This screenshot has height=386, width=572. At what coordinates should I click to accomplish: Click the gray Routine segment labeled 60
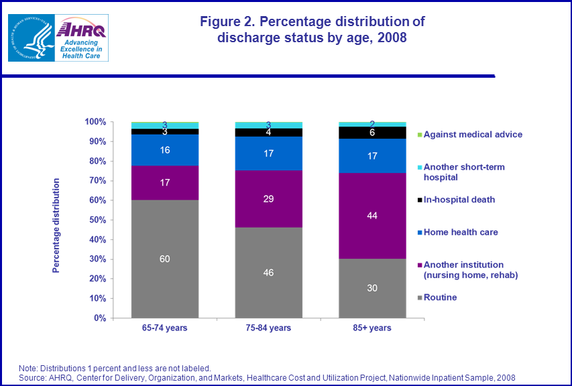164,259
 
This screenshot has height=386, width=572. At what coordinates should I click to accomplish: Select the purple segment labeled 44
373,215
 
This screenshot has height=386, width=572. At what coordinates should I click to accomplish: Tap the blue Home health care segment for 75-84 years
268,153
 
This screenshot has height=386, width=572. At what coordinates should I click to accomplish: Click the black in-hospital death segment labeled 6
373,133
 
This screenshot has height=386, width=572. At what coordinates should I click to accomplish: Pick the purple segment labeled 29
268,199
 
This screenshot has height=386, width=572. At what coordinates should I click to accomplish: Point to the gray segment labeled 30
373,288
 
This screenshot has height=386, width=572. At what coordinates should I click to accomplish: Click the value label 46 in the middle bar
268,273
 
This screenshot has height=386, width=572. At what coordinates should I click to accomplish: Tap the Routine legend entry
440,297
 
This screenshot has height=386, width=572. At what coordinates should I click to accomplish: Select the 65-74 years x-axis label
164,328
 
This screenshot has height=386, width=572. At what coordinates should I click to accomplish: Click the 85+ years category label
373,328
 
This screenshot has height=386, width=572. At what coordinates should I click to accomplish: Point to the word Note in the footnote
29,367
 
